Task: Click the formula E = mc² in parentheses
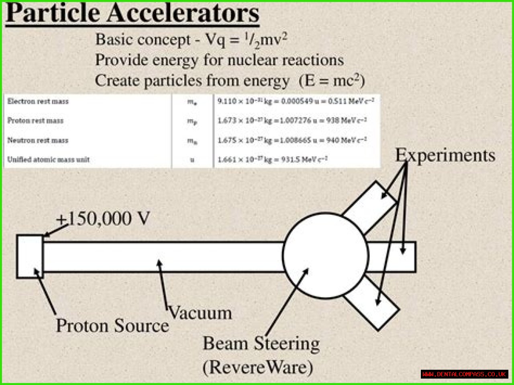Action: click(x=332, y=81)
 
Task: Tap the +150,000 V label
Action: click(x=103, y=219)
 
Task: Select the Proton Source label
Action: click(x=112, y=326)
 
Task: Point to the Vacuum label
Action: click(x=200, y=313)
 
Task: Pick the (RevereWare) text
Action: click(x=258, y=367)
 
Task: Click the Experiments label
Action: click(x=445, y=155)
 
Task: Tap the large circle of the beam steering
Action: click(x=325, y=256)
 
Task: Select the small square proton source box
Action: click(x=30, y=257)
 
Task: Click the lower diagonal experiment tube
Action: click(x=371, y=304)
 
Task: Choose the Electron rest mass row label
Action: click(x=38, y=101)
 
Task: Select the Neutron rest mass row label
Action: click(x=38, y=140)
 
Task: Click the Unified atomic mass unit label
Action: click(x=48, y=159)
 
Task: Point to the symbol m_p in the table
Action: click(x=192, y=121)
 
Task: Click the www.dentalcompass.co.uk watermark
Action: click(x=464, y=374)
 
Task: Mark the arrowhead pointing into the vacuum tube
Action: click(x=159, y=263)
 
